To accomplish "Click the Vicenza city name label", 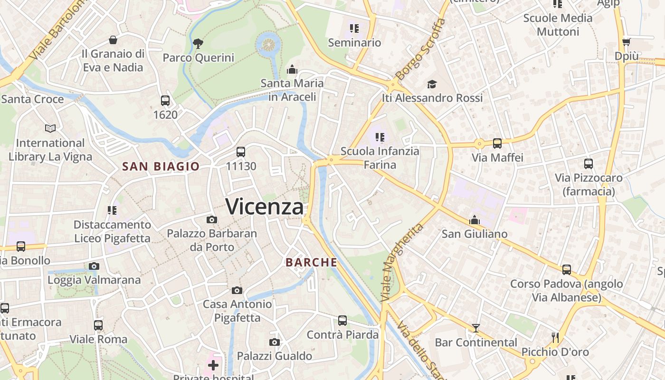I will click(265, 207).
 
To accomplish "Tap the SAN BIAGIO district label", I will click(161, 166).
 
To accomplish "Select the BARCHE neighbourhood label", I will click(312, 262).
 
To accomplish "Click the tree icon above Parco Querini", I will click(198, 44).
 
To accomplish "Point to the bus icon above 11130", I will click(241, 152).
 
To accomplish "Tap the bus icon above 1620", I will click(165, 101).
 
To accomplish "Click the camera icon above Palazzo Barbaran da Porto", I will click(212, 219).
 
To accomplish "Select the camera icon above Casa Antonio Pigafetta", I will click(237, 290).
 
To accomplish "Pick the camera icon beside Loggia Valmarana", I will click(94, 266).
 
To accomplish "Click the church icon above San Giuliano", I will click(474, 220).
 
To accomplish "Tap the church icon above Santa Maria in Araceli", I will click(292, 70).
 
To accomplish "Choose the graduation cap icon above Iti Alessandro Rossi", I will click(432, 84).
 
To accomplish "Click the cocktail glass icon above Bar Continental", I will click(475, 328).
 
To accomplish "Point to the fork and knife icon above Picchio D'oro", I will click(555, 338).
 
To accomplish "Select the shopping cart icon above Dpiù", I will click(627, 42).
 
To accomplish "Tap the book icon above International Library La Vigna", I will click(50, 128).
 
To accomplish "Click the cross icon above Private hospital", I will click(213, 365).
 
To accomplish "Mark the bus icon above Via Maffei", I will click(497, 143).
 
